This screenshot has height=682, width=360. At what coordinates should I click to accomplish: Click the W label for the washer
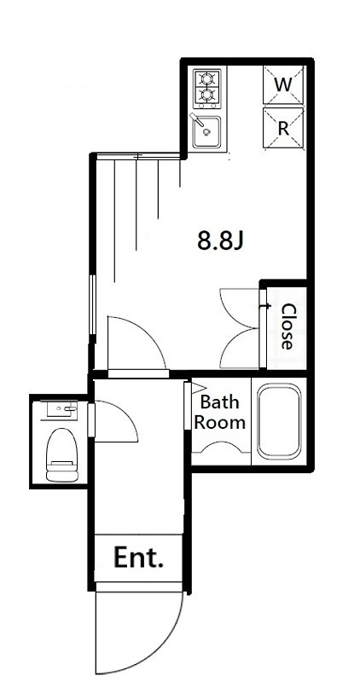tap(283, 84)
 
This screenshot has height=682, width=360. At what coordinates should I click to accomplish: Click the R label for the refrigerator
tap(283, 129)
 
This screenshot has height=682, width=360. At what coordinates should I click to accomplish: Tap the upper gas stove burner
tap(206, 78)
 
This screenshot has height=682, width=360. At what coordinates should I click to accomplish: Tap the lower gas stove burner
tap(206, 94)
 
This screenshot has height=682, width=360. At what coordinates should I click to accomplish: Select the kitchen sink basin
tap(206, 132)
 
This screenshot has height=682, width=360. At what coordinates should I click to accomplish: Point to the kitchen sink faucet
tap(197, 118)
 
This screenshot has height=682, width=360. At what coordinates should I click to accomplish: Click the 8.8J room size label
tap(219, 240)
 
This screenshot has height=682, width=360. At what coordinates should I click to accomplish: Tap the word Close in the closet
tap(287, 327)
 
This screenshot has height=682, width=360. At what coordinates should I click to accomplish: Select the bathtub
tap(279, 421)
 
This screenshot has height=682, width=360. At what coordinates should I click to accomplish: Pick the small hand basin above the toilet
tap(61, 409)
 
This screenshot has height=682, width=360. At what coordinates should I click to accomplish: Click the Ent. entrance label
tap(138, 558)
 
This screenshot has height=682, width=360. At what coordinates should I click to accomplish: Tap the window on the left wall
tap(92, 304)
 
